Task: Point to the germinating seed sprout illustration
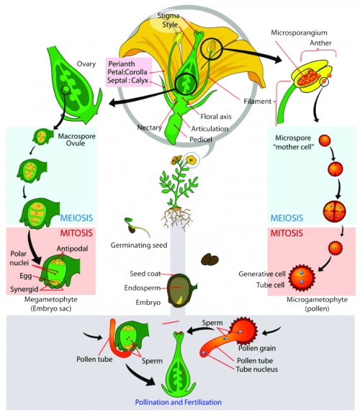point(136,226)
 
